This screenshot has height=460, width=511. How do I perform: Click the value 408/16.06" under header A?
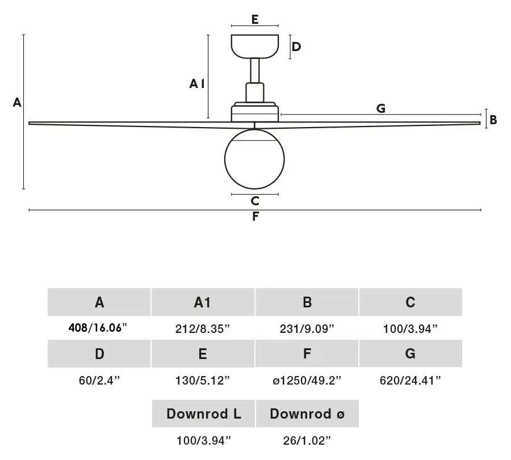98,327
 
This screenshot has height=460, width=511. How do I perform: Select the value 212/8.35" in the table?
202,329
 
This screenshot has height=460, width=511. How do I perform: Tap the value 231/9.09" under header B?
307,329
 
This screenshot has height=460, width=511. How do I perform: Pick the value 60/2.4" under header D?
99,380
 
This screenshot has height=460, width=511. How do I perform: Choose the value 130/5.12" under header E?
202,380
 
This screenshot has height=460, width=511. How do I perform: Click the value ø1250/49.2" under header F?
307,380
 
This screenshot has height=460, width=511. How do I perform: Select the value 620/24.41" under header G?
411,380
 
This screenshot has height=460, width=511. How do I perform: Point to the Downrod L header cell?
203,413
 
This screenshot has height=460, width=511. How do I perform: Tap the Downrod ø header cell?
307,413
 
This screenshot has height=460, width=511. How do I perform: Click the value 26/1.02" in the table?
307,441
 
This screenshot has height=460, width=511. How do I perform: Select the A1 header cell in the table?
203,302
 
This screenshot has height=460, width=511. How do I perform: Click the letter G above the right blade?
380,108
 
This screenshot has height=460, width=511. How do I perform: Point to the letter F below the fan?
256,216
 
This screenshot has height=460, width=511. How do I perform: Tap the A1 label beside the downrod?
197,84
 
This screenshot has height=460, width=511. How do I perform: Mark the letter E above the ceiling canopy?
255,19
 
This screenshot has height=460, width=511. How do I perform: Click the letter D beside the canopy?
296,47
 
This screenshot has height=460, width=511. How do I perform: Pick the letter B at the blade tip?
493,120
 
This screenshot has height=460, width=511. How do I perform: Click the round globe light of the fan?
254,159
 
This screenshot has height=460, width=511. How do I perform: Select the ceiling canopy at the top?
255,47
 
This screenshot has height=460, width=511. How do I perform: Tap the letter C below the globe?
255,201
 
